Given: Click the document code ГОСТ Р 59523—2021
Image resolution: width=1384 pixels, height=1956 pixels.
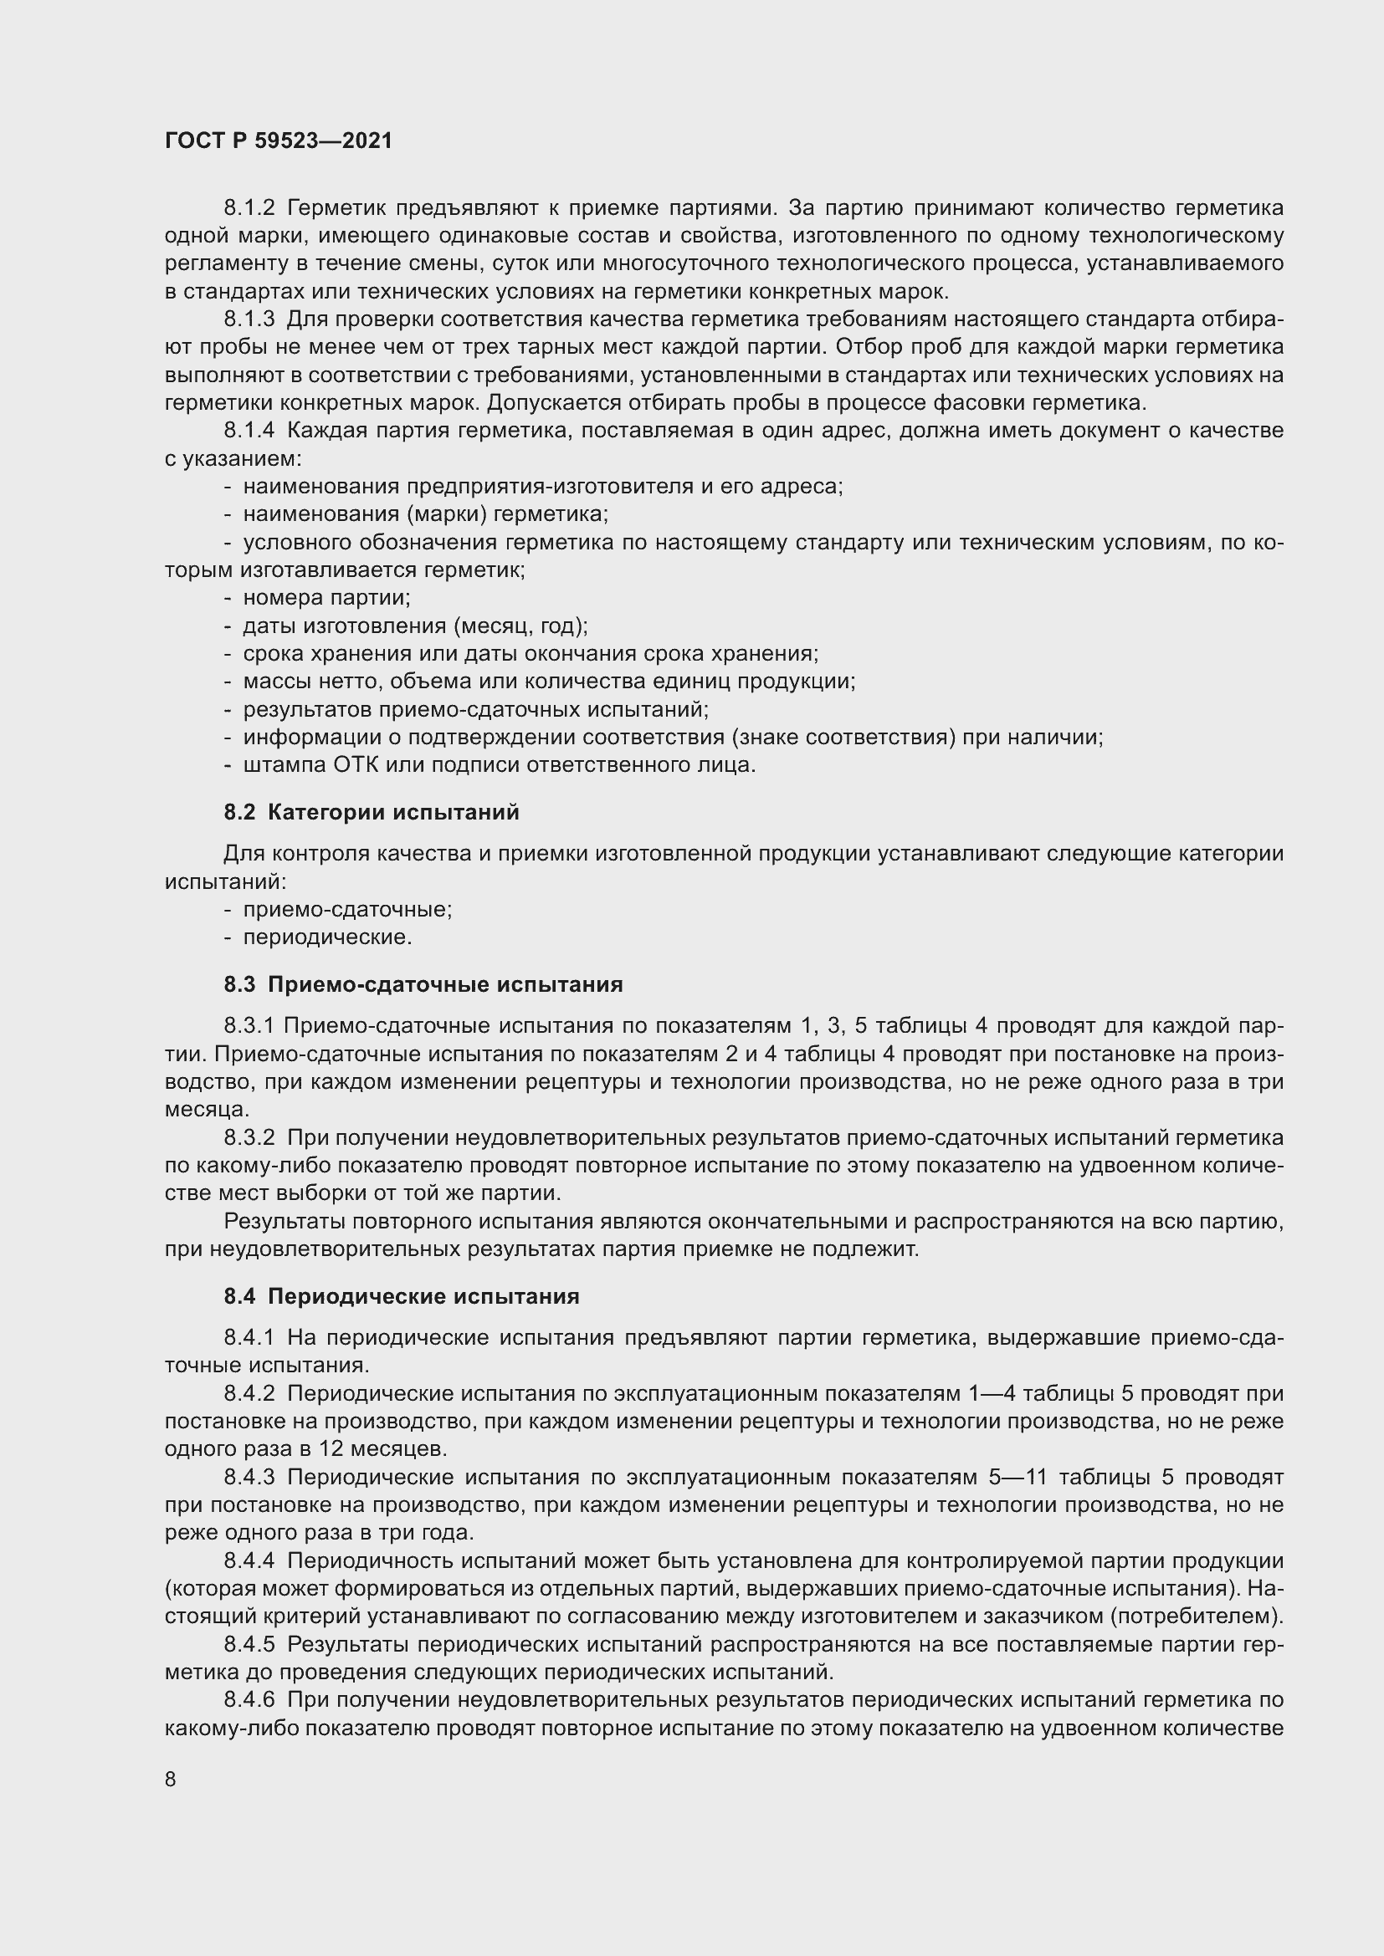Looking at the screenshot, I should click(279, 141).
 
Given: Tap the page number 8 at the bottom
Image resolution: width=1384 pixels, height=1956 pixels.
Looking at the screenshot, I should click(171, 1779).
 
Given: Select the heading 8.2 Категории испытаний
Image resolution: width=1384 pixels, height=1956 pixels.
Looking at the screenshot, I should click(372, 812).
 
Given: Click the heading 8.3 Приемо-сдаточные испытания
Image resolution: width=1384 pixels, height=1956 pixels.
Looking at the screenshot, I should click(423, 984).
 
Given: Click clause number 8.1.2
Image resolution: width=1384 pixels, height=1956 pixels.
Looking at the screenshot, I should click(249, 208).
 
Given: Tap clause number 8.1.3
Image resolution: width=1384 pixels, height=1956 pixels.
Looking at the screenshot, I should click(249, 319).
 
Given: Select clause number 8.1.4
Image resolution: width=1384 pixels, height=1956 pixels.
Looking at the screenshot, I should click(249, 430).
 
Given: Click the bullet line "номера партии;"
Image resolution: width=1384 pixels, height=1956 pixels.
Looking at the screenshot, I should click(326, 597).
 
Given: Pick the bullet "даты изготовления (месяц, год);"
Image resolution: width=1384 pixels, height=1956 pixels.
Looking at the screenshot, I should click(415, 626).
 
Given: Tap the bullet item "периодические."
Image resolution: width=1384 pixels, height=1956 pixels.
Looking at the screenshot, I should click(327, 937).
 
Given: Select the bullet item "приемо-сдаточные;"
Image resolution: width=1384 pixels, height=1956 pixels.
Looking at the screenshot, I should click(348, 909).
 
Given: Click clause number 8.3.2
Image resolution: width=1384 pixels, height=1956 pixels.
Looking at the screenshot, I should click(249, 1137).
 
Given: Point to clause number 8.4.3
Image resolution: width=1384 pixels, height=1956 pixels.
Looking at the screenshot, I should click(249, 1476).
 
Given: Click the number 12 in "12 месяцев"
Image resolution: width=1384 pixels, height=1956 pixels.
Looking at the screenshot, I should click(331, 1448).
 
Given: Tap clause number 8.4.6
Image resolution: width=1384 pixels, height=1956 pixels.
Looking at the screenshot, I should click(249, 1699).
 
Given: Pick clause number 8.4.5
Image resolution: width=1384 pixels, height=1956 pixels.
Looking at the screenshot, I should click(249, 1644).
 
